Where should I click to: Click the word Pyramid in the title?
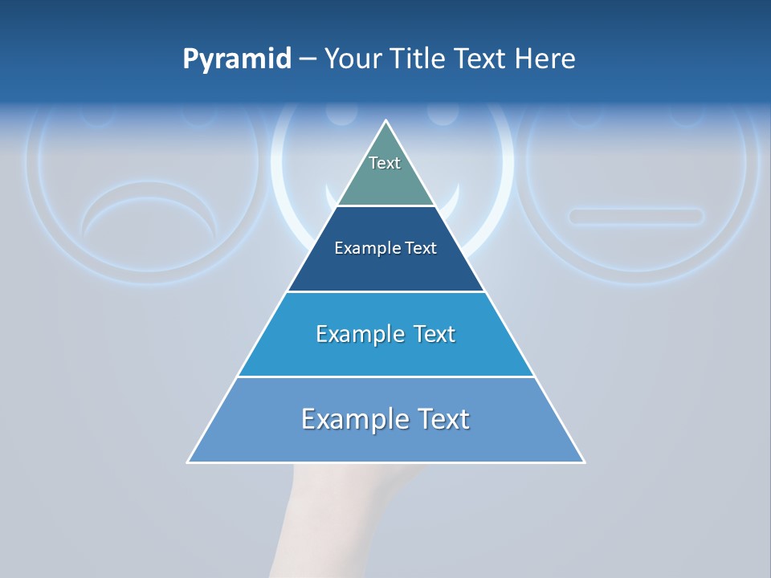click(x=237, y=59)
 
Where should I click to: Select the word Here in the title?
click(x=545, y=59)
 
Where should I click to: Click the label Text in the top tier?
click(x=385, y=163)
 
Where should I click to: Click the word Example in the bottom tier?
click(x=354, y=419)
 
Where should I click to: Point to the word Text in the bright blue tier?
click(x=434, y=334)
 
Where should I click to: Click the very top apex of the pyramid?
click(x=386, y=122)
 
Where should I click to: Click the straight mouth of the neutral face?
click(x=635, y=216)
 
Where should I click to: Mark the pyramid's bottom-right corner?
click(x=584, y=462)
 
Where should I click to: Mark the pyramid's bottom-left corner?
click(x=188, y=462)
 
